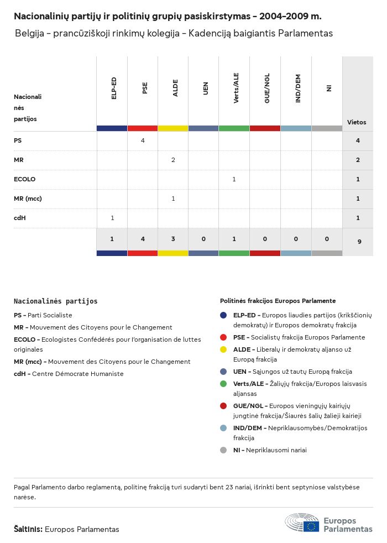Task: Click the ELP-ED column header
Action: (x=113, y=88)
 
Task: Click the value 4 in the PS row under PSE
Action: (x=143, y=140)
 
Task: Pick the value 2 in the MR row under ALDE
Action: (x=173, y=160)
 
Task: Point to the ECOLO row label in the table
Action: (x=25, y=179)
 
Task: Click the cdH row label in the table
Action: (x=20, y=218)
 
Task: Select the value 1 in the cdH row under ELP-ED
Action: (x=112, y=218)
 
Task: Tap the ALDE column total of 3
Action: (x=173, y=239)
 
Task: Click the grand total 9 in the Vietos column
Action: (x=358, y=241)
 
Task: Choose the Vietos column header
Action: (x=357, y=122)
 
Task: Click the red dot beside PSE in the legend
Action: (x=223, y=337)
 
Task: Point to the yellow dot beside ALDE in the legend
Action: (x=223, y=349)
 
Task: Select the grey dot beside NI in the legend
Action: (x=223, y=450)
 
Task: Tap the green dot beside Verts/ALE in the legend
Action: (x=223, y=384)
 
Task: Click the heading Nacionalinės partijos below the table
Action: (x=55, y=301)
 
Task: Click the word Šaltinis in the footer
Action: (x=28, y=529)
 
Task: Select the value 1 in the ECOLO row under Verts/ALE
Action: (x=234, y=179)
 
